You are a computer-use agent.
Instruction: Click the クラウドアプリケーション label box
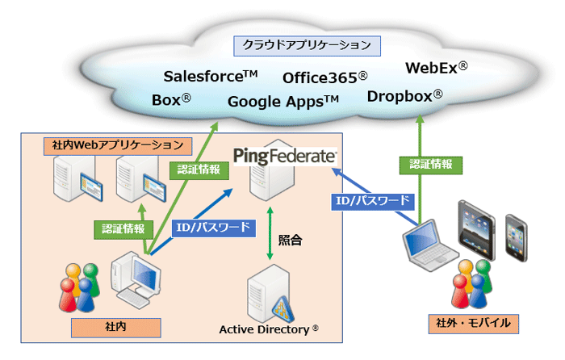pyautogui.click(x=307, y=44)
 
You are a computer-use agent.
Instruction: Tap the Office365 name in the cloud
pyautogui.click(x=324, y=77)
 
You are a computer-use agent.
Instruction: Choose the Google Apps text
pyautogui.click(x=283, y=102)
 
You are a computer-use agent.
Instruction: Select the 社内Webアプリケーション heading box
pyautogui.click(x=118, y=146)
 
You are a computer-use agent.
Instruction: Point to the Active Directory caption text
pyautogui.click(x=269, y=329)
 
